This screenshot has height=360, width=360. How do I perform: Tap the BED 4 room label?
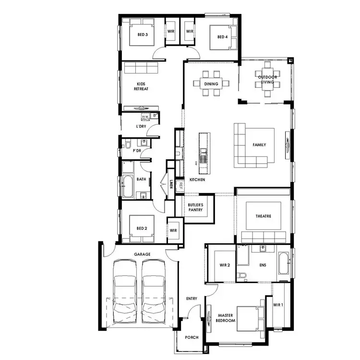coord(222,37)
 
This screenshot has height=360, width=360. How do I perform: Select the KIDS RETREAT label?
coord(141,86)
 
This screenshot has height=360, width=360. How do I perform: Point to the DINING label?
coord(211,84)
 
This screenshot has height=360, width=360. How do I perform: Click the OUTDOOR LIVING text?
coord(267,80)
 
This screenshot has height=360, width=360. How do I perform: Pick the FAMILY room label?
coord(259,145)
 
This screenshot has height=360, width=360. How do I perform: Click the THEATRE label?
coord(263,216)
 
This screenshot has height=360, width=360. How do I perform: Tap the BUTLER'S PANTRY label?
coord(195,207)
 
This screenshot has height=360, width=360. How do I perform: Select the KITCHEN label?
coord(197,180)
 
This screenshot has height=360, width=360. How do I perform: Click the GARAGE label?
coord(142,254)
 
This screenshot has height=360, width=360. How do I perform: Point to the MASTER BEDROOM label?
coord(226,318)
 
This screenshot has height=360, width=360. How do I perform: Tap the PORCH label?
coord(192,337)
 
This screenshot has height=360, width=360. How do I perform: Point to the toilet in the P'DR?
coord(127,144)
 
